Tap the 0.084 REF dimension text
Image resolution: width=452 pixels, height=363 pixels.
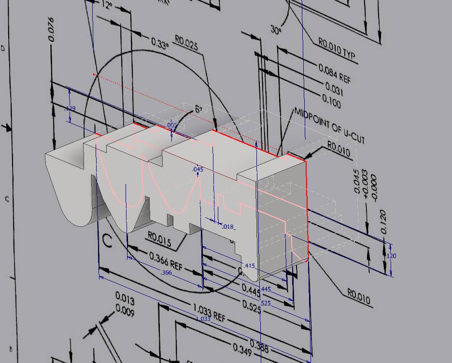pos(335,73)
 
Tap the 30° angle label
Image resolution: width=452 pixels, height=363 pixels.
pos(276,30)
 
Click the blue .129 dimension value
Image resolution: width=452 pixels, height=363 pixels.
pos(70,109)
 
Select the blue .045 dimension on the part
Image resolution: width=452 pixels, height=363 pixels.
pos(198,169)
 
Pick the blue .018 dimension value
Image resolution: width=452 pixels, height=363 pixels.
pos(227,226)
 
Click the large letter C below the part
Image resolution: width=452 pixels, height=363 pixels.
pos(107,240)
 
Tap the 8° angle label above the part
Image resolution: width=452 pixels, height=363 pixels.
pos(198,110)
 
